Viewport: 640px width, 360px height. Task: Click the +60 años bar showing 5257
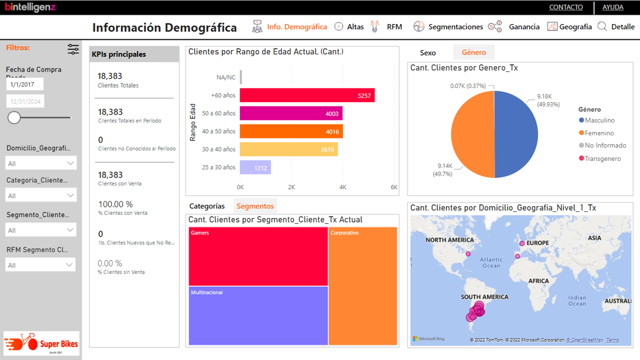click(307, 95)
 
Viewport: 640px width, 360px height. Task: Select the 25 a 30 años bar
click(255, 167)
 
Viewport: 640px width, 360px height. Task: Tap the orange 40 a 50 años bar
click(291, 131)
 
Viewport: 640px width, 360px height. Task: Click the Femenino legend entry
click(599, 133)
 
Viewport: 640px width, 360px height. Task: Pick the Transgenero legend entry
click(602, 158)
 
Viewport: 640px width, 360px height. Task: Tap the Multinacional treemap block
click(258, 315)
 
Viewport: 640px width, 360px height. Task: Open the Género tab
click(473, 52)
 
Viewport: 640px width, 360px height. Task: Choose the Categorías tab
click(207, 206)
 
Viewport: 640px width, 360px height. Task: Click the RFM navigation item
click(394, 27)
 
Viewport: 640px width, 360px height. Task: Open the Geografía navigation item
click(575, 27)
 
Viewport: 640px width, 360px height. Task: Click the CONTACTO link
click(566, 7)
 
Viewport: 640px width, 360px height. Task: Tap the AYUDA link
click(612, 7)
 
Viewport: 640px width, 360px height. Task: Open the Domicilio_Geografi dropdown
click(41, 163)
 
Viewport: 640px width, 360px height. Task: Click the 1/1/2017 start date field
click(25, 84)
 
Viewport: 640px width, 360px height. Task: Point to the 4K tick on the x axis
click(343, 187)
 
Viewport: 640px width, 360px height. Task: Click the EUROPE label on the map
click(537, 243)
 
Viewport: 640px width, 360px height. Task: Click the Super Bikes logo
click(41, 343)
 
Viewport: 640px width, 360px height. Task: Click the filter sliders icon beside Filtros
click(73, 49)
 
